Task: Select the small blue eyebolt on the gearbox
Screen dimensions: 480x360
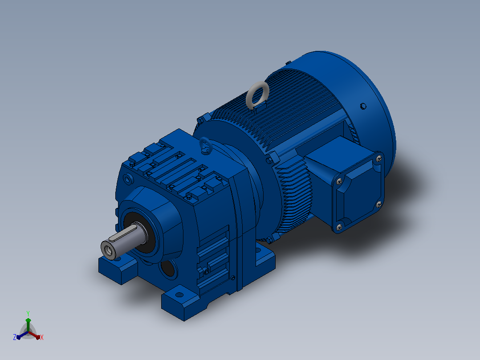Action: (202, 142)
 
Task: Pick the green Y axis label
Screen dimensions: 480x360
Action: (28, 314)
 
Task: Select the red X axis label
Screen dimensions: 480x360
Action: (42, 337)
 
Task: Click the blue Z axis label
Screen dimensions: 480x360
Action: (15, 337)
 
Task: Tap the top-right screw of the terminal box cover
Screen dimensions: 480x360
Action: (379, 159)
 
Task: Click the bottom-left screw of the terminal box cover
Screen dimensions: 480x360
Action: (339, 227)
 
